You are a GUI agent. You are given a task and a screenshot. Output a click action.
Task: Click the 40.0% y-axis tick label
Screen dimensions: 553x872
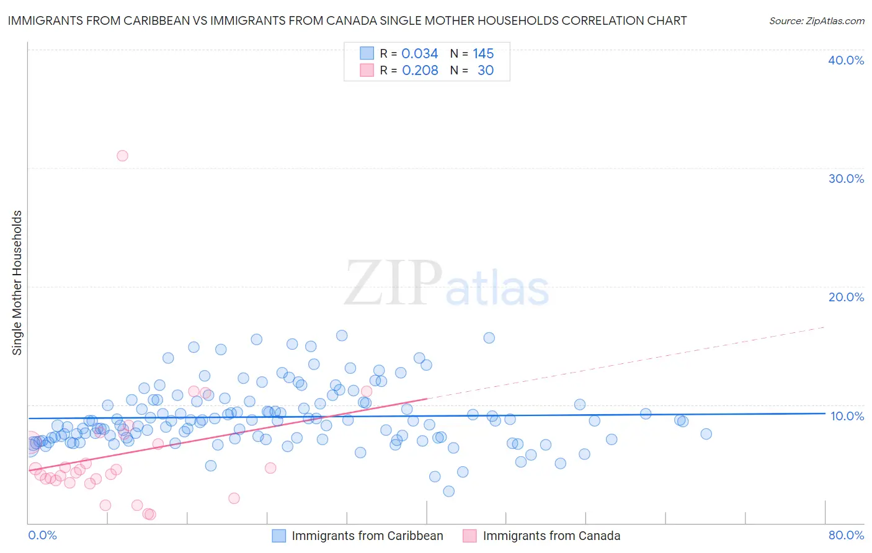[x=845, y=60]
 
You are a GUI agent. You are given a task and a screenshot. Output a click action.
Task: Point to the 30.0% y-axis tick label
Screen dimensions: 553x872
[x=845, y=179]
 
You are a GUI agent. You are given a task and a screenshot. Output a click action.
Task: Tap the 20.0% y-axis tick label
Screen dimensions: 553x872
[x=845, y=297]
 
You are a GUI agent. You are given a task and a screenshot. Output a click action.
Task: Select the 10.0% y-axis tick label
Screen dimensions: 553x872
[x=847, y=416]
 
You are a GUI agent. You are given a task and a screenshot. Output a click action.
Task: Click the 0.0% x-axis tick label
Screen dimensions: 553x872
[x=42, y=535]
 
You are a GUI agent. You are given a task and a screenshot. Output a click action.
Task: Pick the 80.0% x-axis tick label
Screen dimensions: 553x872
[x=846, y=535]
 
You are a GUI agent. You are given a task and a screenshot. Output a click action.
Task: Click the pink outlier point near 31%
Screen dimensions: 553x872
[x=122, y=156]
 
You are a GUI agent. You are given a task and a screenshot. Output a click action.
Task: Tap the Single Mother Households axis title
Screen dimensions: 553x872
[x=17, y=283]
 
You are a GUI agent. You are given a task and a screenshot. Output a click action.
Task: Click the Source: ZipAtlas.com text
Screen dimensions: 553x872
[x=816, y=21]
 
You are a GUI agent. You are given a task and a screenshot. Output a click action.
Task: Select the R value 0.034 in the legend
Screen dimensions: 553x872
[x=419, y=54]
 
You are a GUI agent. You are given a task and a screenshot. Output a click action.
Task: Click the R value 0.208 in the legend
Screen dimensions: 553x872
[x=420, y=71]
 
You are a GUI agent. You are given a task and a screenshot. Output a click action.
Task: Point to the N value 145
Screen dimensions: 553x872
[x=483, y=54]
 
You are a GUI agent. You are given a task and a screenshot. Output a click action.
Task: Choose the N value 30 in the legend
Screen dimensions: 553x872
[x=486, y=71]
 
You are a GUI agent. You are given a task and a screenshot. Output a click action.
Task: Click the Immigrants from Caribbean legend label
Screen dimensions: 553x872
[x=367, y=536]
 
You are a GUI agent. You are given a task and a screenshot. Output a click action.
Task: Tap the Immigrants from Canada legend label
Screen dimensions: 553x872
[x=551, y=536]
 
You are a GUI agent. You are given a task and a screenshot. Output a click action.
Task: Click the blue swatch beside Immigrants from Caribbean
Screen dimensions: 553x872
[x=279, y=536]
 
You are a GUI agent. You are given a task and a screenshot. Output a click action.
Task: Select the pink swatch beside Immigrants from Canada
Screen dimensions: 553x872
[x=470, y=536]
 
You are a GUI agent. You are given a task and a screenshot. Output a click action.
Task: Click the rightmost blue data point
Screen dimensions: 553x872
[x=706, y=434]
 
